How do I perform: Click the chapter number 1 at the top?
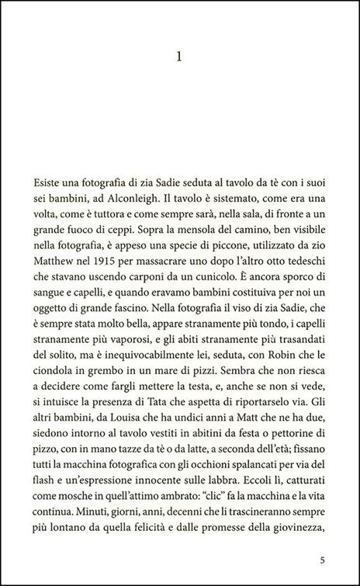[180, 57]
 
